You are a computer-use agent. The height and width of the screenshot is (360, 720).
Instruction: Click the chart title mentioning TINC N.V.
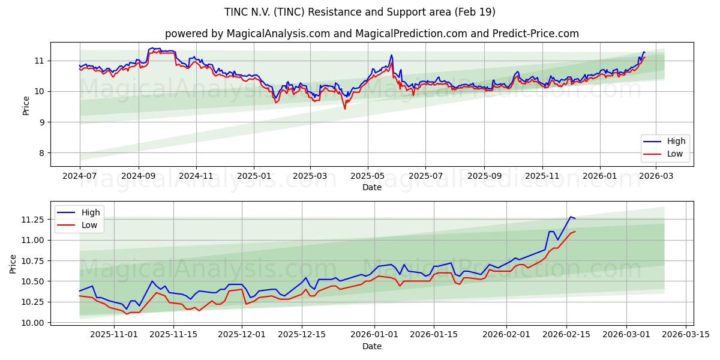click(360, 12)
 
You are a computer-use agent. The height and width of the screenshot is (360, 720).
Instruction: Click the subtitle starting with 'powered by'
click(372, 34)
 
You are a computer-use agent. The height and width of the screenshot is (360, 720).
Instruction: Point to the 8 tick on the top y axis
click(41, 153)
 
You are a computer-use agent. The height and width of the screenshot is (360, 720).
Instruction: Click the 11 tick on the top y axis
click(39, 61)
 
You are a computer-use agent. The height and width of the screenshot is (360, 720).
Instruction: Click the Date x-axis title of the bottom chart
click(372, 346)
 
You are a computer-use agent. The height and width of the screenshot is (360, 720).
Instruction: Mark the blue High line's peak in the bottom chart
click(571, 217)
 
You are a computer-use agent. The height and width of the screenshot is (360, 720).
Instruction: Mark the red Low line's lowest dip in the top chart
click(345, 109)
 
